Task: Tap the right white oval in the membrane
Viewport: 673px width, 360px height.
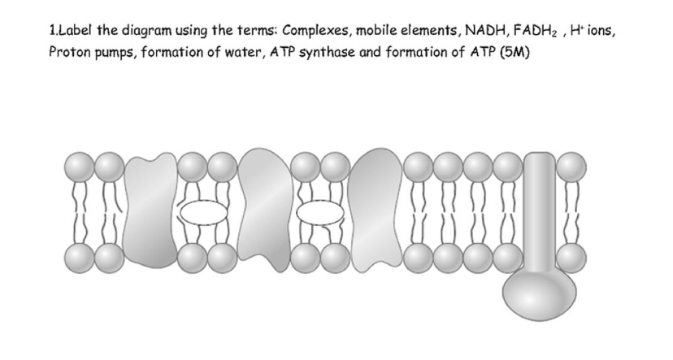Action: point(320,215)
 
